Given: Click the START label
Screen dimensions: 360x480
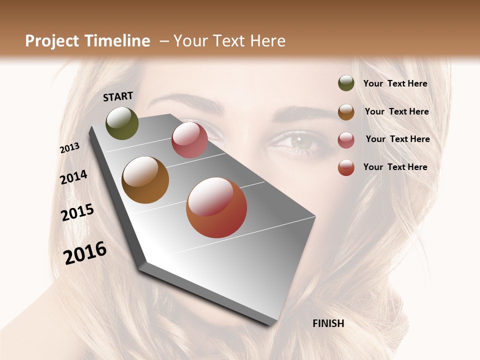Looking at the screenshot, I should [118, 96].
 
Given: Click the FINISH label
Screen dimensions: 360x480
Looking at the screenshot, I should [328, 323].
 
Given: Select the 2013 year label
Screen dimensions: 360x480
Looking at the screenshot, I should [69, 148].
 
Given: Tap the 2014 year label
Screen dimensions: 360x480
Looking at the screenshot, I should [73, 177].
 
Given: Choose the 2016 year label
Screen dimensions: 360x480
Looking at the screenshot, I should [85, 252].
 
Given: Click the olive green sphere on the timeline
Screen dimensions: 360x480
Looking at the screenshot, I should [122, 123].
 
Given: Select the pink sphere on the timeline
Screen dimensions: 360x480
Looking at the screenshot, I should [189, 140].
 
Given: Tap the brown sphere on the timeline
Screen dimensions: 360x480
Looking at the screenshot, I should [145, 180].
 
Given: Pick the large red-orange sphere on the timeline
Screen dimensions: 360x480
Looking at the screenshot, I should [216, 207].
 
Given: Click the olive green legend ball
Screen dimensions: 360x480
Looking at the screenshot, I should [346, 83].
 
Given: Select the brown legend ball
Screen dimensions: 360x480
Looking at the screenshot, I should [346, 112].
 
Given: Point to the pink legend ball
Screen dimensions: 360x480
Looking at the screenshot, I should [346, 140].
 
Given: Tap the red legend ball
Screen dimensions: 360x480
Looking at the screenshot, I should [346, 167].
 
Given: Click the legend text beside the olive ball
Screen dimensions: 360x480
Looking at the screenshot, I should [395, 84].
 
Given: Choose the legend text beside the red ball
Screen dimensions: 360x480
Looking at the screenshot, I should [395, 167].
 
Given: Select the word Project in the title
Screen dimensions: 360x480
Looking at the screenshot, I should [51, 41].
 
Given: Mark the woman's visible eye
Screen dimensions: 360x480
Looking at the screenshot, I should [298, 141].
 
